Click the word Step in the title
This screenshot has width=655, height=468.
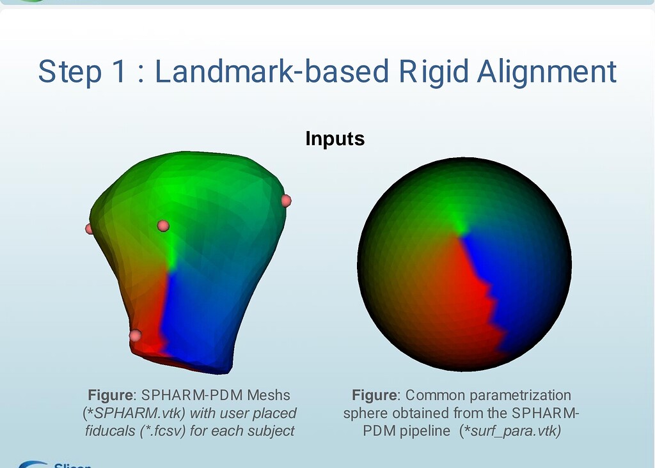pos(69,72)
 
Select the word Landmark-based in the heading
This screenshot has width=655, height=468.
pos(271,72)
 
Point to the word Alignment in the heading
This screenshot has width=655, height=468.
pos(547,72)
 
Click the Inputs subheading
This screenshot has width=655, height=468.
pos(335,138)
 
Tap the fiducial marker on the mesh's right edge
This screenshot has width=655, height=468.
pos(286,201)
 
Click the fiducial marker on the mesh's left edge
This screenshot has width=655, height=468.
pos(90,228)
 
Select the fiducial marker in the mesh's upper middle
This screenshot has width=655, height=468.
pos(163,226)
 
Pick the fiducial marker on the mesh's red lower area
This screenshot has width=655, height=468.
pos(135,335)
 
